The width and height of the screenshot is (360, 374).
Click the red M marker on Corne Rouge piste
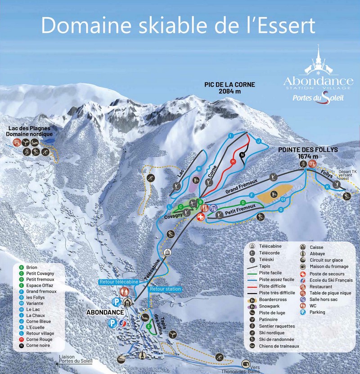pos(233,161)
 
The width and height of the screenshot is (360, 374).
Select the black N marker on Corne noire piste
pos(242,155)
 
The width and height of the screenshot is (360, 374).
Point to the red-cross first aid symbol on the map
pos(201,217)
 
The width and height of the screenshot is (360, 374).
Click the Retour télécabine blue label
pos(121,282)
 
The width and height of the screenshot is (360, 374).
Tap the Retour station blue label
pos(165,289)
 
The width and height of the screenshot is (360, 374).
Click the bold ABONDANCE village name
pos(105,312)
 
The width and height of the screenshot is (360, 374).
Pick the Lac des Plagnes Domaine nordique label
pos(29,131)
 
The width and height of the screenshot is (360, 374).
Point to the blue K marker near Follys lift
pos(328,186)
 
